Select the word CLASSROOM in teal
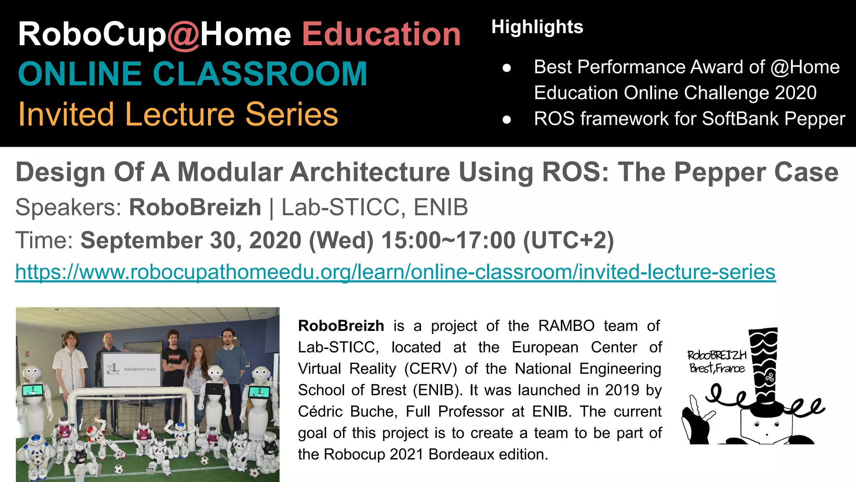(260, 74)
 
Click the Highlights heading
(537, 27)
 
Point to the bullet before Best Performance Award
(507, 68)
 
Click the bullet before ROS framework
(507, 120)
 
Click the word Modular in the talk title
(229, 172)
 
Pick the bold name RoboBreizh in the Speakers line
(195, 207)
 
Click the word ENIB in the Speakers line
(441, 207)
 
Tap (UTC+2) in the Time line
(568, 241)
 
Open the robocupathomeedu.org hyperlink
(395, 272)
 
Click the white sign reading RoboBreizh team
(131, 369)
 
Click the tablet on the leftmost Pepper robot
(32, 391)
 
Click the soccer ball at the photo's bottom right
(254, 473)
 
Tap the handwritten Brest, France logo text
(717, 368)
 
